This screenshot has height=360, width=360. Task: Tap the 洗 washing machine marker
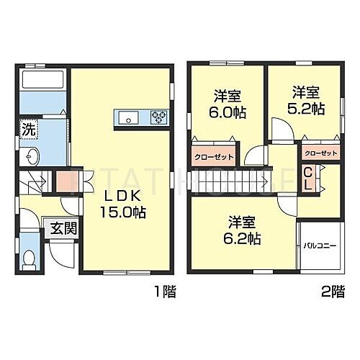27,132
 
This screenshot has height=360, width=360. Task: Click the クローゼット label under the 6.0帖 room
210,156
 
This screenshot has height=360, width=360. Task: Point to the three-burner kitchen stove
158,117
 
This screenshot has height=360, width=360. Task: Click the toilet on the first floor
29,258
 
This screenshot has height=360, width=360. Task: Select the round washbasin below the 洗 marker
31,156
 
